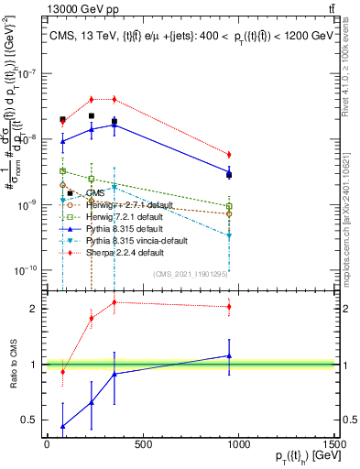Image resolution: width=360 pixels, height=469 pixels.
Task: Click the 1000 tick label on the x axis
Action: point(239,444)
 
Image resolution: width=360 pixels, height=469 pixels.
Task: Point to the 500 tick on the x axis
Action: point(143,444)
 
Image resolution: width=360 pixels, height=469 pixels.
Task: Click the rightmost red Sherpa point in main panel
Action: point(229,155)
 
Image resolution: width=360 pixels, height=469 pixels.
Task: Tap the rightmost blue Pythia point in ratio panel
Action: point(229,355)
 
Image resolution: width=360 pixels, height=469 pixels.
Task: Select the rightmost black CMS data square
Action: point(229,174)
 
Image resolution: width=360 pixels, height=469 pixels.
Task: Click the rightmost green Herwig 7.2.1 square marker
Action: point(229,206)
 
